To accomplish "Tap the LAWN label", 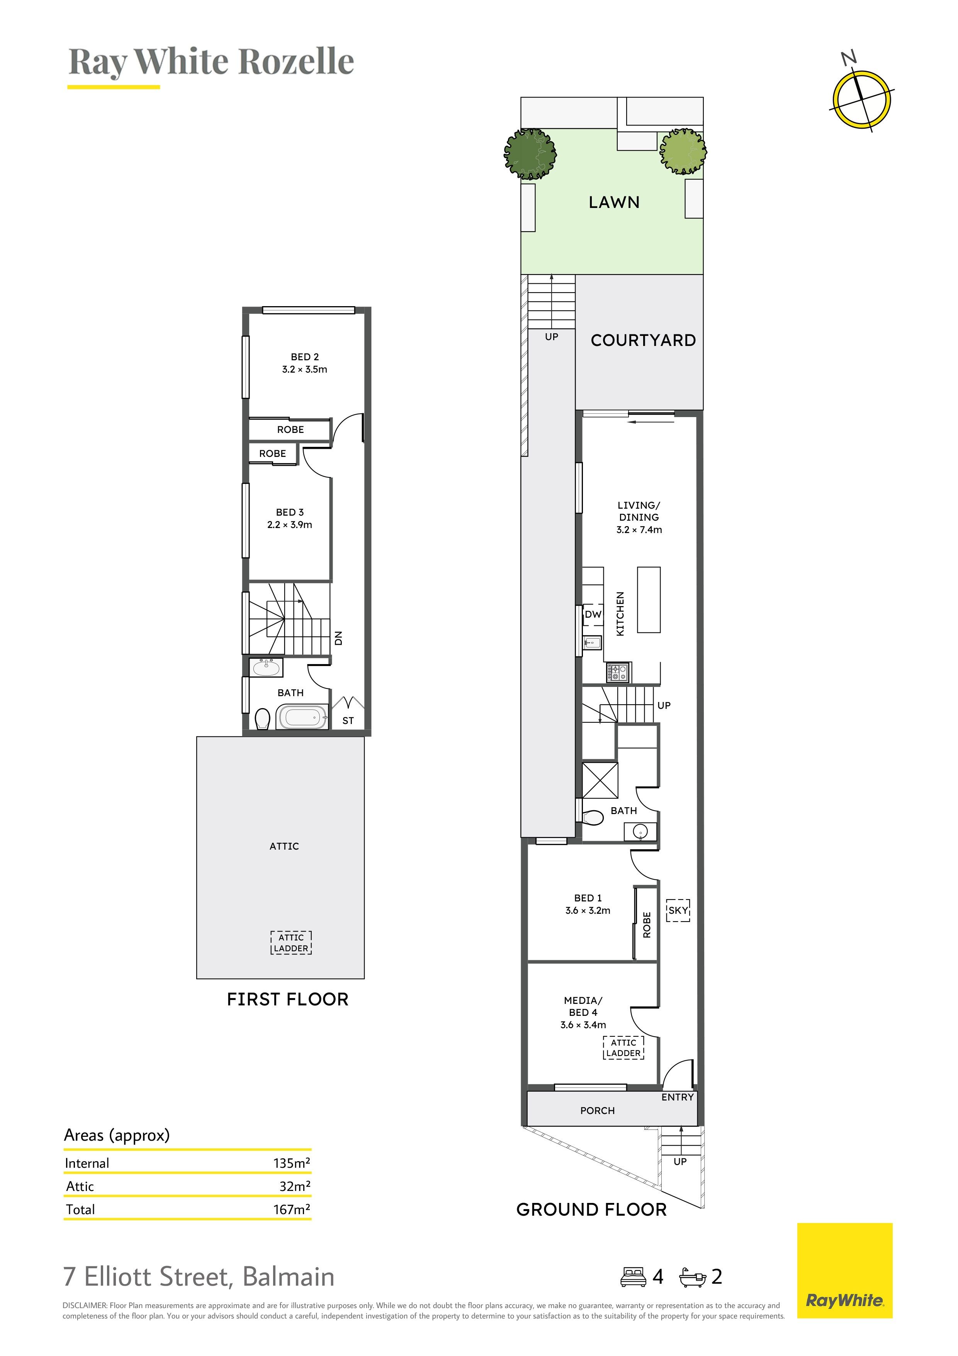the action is click(614, 203).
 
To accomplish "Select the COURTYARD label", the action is click(644, 340).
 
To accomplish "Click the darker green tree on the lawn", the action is click(530, 153).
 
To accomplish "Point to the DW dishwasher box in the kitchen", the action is click(593, 614).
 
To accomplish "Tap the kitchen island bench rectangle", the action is click(648, 600).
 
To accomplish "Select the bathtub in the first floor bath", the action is click(302, 717).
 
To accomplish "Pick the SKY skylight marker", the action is click(678, 910).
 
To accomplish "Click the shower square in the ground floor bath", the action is click(600, 780).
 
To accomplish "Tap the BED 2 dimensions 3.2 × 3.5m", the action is click(304, 370).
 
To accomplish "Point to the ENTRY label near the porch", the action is click(677, 1097).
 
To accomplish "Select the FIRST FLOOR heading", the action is click(288, 999).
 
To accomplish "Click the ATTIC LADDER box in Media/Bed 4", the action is click(623, 1048).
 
